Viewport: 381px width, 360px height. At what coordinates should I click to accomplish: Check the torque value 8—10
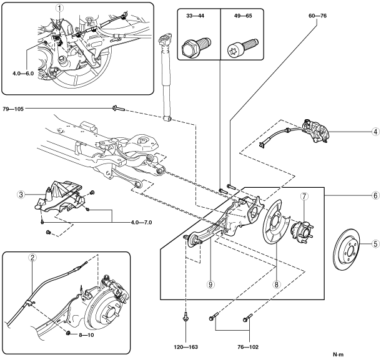pos(87,334)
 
